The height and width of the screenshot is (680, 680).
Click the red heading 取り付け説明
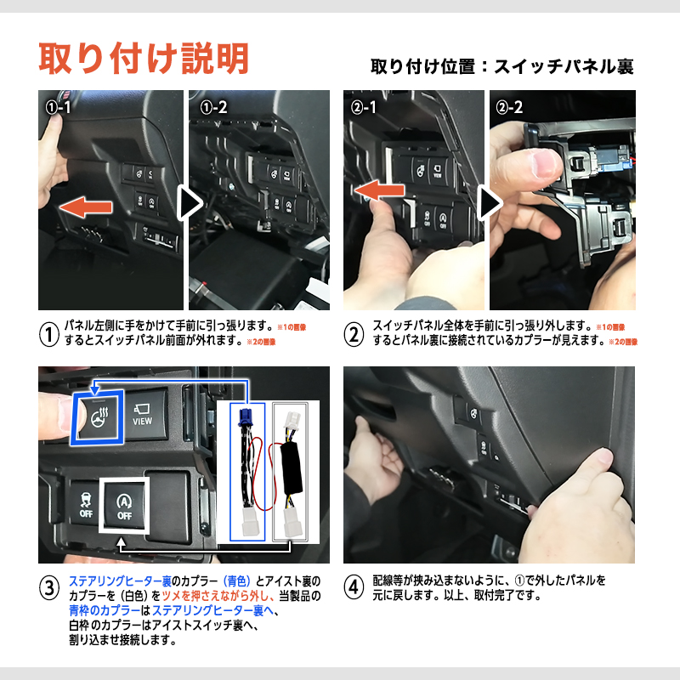click(x=144, y=58)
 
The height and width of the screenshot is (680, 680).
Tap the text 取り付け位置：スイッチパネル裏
click(x=502, y=65)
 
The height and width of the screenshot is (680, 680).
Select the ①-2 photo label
click(x=214, y=108)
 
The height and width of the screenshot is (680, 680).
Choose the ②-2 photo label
click(x=510, y=108)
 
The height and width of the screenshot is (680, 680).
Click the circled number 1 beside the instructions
click(x=50, y=333)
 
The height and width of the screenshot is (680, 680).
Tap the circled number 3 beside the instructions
click(x=50, y=588)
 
